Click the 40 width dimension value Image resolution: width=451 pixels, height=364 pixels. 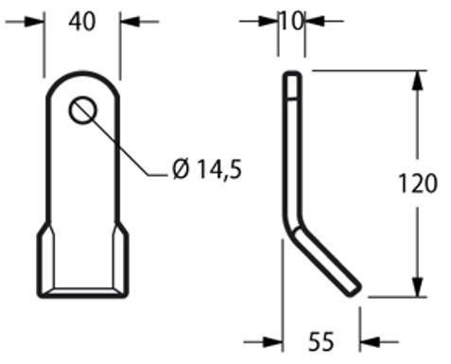(81, 22)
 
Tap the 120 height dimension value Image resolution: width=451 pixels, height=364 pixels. (417, 183)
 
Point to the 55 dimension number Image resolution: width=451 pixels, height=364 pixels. (321, 341)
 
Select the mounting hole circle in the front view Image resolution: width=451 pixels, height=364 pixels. (82, 111)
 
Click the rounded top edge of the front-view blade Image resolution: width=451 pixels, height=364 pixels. (82, 75)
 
